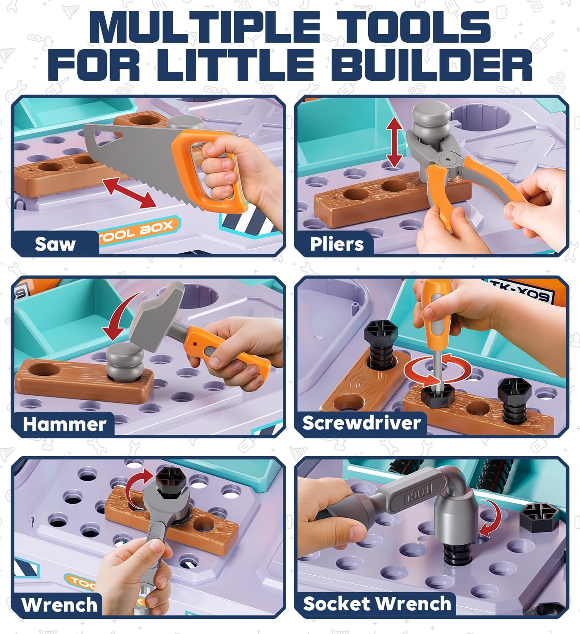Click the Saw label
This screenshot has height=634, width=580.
[55, 244]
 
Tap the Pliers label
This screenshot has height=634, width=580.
[337, 244]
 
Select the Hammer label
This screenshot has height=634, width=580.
[64, 424]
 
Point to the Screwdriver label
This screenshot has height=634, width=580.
[361, 423]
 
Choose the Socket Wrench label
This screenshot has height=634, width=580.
[377, 604]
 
